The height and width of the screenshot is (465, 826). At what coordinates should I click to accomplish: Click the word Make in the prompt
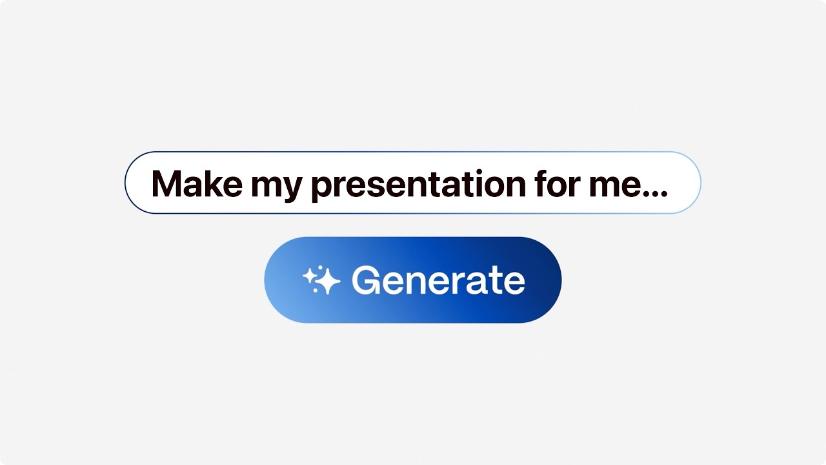pos(196,184)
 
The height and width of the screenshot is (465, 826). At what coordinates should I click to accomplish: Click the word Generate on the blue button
pos(438,280)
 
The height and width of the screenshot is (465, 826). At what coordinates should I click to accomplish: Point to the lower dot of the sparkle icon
pos(315,290)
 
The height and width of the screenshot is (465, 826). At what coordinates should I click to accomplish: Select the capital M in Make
pos(165,184)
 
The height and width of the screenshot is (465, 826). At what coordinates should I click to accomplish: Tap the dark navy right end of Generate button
pos(545,280)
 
